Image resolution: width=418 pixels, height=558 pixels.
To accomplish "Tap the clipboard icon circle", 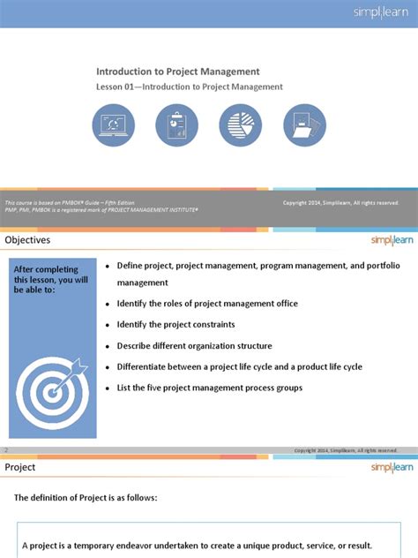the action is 176,125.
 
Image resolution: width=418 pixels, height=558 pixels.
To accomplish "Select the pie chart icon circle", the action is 240,125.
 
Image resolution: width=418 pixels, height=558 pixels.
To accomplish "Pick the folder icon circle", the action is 303,125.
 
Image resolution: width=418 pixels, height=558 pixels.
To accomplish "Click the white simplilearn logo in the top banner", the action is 380,13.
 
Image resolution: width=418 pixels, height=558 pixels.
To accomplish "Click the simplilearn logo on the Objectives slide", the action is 387,240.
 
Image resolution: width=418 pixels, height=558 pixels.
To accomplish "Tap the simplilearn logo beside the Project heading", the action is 387,467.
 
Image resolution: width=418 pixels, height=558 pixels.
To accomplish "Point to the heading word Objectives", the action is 28,240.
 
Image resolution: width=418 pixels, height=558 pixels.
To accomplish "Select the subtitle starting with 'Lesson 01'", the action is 189,87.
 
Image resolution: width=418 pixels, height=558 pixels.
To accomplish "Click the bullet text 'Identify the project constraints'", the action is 175,325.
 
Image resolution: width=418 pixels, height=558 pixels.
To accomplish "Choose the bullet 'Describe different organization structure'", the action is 194,346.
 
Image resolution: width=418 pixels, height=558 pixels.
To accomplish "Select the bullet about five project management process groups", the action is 210,388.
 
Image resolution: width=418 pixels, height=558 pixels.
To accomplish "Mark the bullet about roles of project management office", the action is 207,304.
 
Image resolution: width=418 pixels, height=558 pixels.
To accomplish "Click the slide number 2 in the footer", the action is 7,449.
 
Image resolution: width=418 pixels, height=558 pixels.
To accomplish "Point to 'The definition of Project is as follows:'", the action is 86,498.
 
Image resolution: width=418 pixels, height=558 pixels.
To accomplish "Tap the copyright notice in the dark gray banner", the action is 340,203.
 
